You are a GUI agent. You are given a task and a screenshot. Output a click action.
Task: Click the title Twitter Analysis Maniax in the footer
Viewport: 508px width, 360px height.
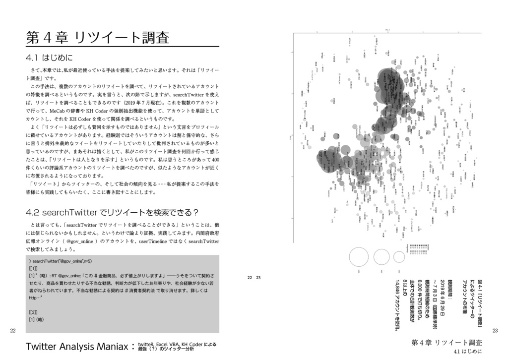click(x=79, y=347)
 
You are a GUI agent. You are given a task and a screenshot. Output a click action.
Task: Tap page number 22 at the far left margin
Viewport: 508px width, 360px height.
click(x=13, y=330)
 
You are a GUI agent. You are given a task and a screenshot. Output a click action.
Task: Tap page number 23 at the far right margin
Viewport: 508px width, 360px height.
click(x=495, y=331)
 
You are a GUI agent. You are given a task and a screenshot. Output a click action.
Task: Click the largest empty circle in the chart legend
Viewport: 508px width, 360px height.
click(x=359, y=257)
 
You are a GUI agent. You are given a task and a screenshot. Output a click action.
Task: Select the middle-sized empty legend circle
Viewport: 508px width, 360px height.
click(x=381, y=257)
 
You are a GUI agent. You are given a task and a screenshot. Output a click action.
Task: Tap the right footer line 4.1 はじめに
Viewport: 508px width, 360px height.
click(x=467, y=352)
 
